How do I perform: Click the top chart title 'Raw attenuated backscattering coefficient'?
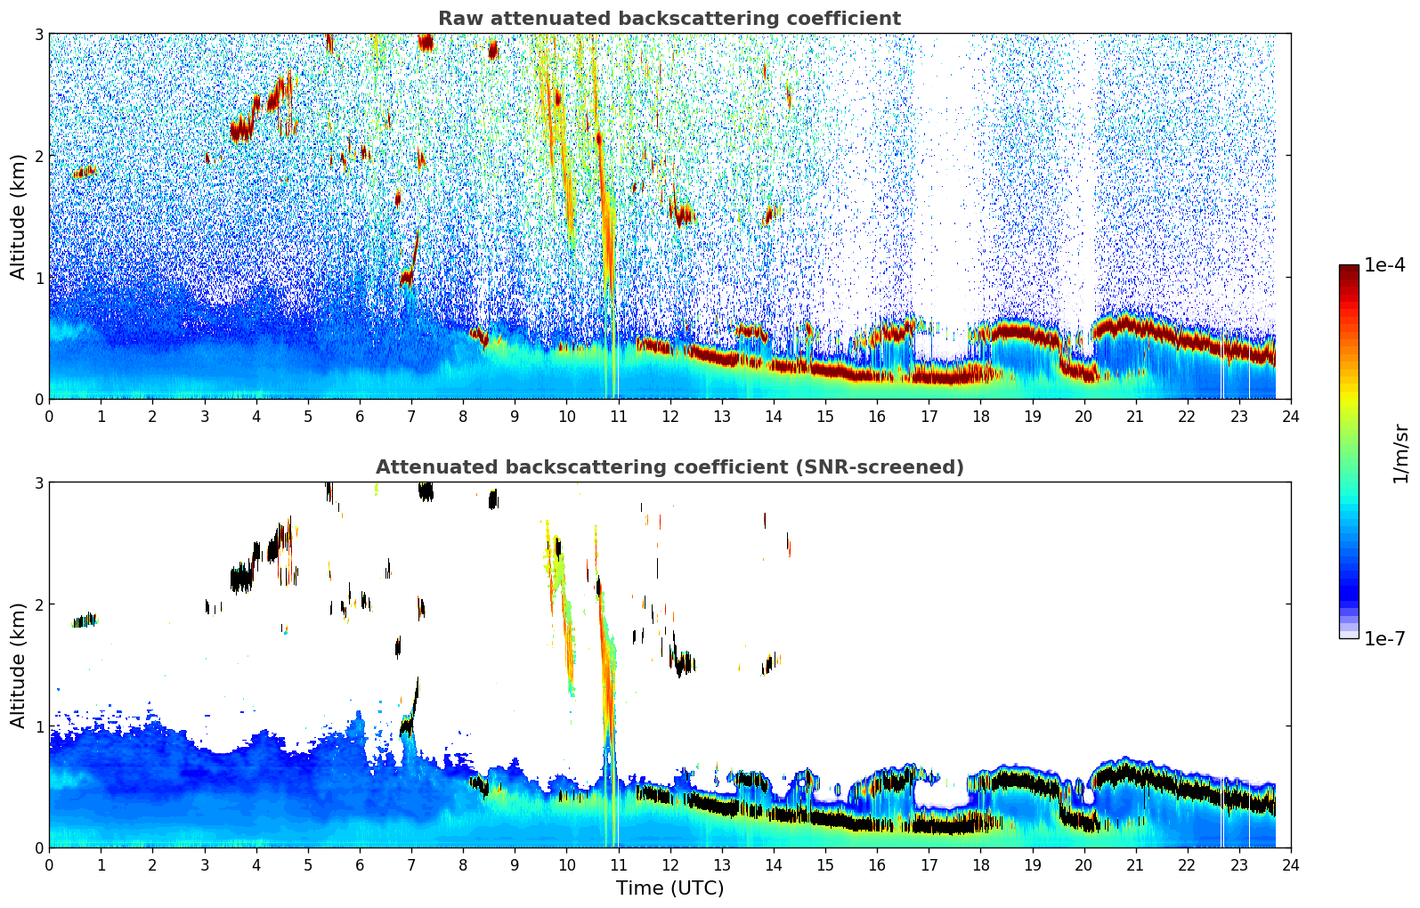(669, 19)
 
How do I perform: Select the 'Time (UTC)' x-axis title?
(669, 888)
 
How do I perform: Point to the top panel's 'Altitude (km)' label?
(19, 216)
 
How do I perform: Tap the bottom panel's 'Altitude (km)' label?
(19, 665)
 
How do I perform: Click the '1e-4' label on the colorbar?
(1384, 265)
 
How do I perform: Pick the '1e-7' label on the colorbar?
(1384, 638)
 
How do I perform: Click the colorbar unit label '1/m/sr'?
(1400, 453)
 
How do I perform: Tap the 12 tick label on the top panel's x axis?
(669, 417)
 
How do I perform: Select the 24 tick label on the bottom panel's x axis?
(1290, 865)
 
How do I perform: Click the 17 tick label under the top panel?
(929, 417)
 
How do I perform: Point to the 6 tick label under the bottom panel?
(360, 865)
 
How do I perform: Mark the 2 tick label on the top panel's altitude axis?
(39, 156)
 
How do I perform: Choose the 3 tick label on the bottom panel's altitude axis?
(39, 482)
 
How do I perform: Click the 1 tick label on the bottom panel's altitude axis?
(39, 726)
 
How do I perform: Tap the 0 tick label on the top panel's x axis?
(49, 417)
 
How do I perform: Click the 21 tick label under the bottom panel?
(1135, 865)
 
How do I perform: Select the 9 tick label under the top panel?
(515, 417)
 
